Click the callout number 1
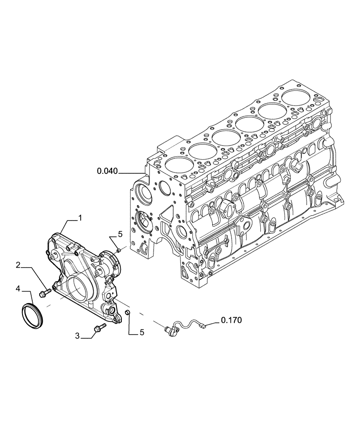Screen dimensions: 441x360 click(x=80, y=217)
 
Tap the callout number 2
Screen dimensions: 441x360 click(x=18, y=265)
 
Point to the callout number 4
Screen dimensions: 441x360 click(x=18, y=288)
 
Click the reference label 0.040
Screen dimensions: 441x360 click(x=107, y=171)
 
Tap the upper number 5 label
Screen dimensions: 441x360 click(x=120, y=234)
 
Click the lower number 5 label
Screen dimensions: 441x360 click(x=142, y=333)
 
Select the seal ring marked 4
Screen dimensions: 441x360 click(x=32, y=314)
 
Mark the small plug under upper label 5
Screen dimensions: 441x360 click(x=119, y=250)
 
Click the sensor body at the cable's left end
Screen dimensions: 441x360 click(x=169, y=329)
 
